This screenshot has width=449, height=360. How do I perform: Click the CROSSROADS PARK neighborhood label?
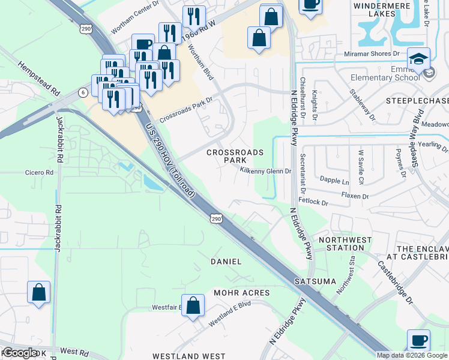[235, 157]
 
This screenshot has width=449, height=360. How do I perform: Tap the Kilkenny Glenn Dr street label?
[265, 171]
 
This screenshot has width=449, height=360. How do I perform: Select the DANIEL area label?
[226, 262]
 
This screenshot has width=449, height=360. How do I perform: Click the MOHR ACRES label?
[242, 293]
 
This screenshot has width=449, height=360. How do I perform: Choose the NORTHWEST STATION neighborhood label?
[341, 244]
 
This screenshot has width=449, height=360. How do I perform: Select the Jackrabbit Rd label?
[59, 139]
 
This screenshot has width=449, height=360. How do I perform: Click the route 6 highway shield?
[82, 91]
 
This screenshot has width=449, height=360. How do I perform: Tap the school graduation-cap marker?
[419, 59]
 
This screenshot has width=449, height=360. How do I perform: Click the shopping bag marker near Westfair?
[193, 305]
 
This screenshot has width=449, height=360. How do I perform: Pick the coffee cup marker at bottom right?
[418, 340]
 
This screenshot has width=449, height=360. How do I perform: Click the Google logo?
[20, 353]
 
